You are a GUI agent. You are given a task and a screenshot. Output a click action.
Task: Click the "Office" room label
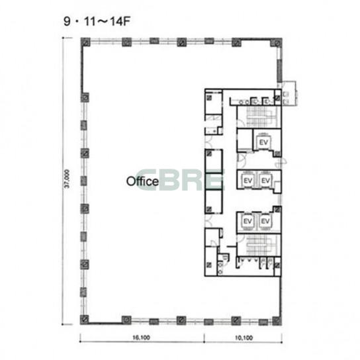point(142,181)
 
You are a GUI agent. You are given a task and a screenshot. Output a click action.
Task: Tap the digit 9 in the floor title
point(67,22)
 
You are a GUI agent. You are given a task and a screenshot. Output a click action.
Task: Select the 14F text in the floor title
point(120,22)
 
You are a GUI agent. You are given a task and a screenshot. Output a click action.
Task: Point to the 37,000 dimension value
point(67,179)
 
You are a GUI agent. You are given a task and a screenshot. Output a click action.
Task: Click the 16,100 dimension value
point(141,337)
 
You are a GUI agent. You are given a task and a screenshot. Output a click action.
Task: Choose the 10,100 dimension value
point(244,337)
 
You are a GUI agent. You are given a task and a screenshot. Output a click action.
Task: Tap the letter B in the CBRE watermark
point(171,181)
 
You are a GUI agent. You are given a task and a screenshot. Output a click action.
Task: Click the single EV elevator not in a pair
point(263,142)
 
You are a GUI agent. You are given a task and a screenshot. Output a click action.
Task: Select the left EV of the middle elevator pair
point(247,181)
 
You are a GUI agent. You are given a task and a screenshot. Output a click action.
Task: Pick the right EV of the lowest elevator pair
point(265,221)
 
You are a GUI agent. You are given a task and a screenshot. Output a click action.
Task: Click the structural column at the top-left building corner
point(85,42)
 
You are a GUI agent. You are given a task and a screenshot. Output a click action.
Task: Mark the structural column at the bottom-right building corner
point(277,320)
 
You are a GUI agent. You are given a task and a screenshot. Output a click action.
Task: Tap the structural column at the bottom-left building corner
point(85,320)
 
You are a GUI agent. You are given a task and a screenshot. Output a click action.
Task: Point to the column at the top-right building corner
point(277,43)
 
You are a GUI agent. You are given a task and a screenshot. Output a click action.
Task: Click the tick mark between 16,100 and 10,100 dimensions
point(204,338)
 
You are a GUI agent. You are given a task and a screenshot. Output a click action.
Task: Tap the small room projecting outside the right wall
point(289,93)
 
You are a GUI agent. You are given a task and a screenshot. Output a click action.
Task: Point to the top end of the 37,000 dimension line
point(62,38)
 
